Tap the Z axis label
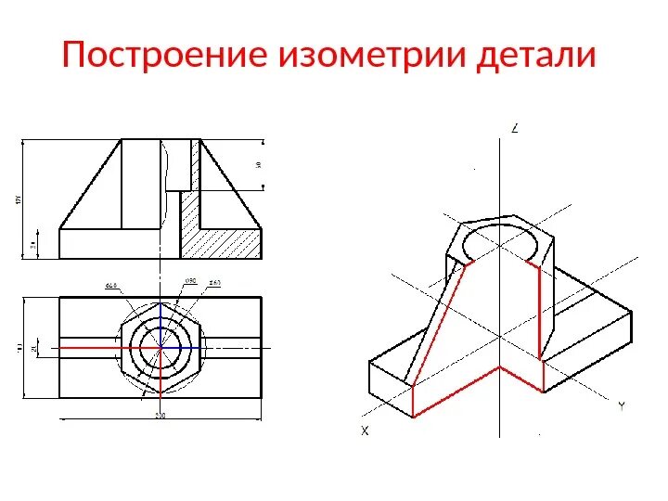(x=514, y=130)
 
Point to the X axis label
(x=365, y=430)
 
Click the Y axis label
(x=621, y=405)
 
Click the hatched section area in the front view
(x=223, y=232)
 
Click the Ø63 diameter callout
(x=214, y=282)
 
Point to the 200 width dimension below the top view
(x=160, y=416)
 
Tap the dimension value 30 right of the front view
(x=258, y=165)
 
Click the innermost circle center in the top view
(x=161, y=348)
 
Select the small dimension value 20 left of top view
(x=35, y=348)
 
